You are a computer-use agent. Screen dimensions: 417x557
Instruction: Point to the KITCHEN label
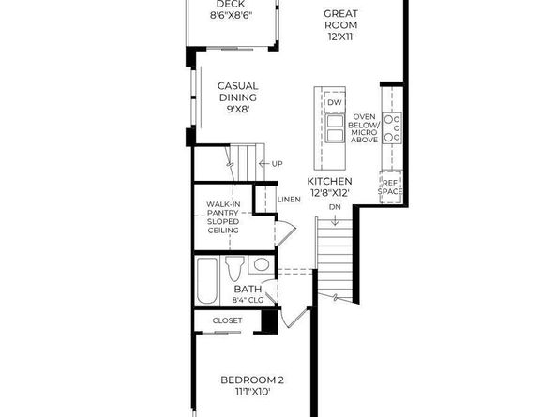(x=330, y=181)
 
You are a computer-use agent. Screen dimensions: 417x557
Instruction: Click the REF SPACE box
(x=390, y=186)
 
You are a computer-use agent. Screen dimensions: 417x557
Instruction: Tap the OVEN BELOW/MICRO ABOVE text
(x=365, y=127)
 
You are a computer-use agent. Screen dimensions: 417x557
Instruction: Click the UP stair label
(x=278, y=165)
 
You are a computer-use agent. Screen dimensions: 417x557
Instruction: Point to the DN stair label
(x=335, y=206)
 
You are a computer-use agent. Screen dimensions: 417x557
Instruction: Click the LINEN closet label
(x=289, y=200)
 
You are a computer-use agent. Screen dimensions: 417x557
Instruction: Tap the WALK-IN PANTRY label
(x=223, y=217)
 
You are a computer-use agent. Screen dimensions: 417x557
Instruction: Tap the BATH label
(x=248, y=290)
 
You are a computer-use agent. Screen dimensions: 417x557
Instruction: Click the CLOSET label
(x=227, y=320)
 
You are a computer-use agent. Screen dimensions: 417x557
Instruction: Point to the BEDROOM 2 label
(x=252, y=380)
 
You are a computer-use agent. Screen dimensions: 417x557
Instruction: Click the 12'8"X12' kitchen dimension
(x=329, y=192)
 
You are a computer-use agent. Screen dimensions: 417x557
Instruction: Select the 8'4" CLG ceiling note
(x=248, y=300)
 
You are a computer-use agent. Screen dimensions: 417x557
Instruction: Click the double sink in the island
(x=335, y=128)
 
